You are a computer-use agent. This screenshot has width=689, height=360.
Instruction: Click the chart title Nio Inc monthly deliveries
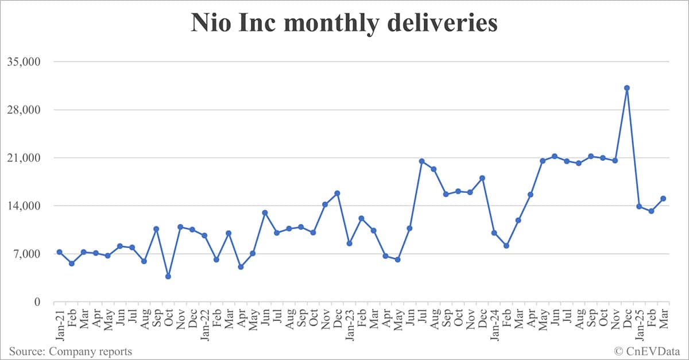click(x=344, y=24)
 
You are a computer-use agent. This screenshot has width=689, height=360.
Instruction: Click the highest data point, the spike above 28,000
click(x=627, y=88)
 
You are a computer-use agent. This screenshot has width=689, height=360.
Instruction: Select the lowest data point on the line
click(x=168, y=276)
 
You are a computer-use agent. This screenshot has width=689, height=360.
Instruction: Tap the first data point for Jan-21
click(x=60, y=252)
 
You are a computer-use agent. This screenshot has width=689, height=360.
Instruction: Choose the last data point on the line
click(x=663, y=199)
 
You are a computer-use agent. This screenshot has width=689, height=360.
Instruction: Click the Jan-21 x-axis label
click(x=60, y=323)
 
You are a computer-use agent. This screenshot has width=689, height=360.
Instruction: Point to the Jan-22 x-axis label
click(x=204, y=323)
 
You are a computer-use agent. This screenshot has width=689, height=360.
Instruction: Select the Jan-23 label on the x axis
click(x=349, y=323)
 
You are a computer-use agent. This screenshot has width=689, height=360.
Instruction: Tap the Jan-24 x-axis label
click(x=494, y=323)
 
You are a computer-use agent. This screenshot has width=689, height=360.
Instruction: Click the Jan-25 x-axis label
click(x=639, y=323)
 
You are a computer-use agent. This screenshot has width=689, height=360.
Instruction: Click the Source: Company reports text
click(x=70, y=351)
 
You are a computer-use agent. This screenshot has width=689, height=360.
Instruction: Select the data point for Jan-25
click(x=639, y=206)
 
